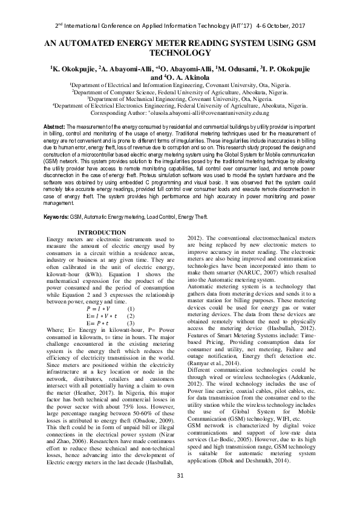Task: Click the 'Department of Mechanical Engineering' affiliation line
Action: (180, 99)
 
